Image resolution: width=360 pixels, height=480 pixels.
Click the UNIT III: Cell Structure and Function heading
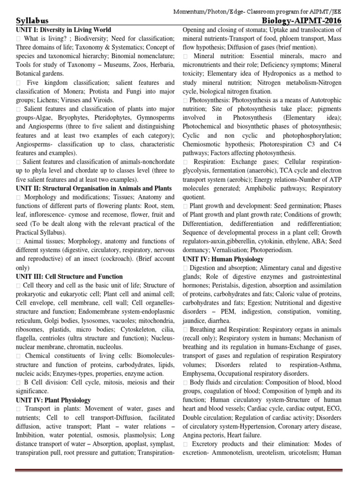69,277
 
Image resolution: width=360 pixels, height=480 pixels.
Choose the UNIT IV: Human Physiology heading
223,259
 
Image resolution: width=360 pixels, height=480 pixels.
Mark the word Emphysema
201,374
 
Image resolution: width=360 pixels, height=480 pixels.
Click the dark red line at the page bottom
180,471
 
